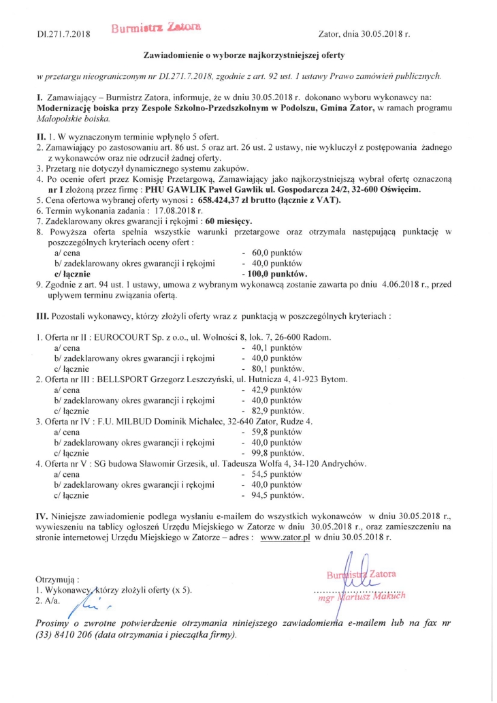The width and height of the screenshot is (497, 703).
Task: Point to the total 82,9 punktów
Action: pos(278,411)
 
